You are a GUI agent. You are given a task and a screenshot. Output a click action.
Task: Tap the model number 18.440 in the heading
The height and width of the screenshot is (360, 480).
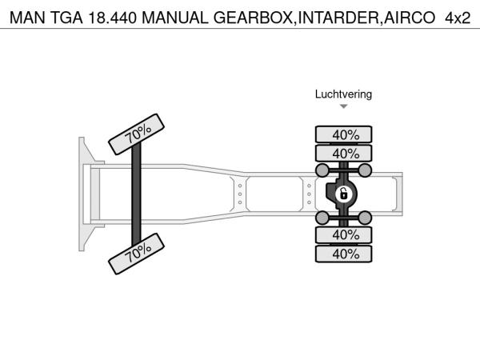[x=112, y=18]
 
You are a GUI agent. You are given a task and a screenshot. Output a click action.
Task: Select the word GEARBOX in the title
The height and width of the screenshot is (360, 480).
[x=253, y=18]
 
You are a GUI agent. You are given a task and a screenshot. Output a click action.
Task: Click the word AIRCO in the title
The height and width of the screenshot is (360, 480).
[x=410, y=18]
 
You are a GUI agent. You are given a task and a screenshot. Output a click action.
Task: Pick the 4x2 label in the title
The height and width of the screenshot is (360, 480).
[x=458, y=18]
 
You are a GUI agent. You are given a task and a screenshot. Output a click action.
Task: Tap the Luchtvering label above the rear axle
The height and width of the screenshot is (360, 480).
[x=343, y=94]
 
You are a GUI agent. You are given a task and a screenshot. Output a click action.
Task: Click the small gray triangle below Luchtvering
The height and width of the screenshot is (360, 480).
[x=344, y=106]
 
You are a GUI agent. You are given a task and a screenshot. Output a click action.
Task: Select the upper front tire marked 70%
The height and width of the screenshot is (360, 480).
[x=137, y=134]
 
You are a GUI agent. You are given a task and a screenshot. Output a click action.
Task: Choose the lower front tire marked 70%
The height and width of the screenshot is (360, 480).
[x=137, y=254]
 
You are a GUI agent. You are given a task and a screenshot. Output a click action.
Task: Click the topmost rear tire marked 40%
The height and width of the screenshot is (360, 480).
[x=344, y=134]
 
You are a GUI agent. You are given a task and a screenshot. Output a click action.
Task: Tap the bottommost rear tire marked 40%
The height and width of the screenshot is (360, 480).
[x=344, y=254]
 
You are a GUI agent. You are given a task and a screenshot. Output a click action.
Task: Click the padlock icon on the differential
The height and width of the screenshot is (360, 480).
[x=344, y=194]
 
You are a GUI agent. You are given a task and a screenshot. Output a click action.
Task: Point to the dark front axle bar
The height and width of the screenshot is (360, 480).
[x=136, y=194]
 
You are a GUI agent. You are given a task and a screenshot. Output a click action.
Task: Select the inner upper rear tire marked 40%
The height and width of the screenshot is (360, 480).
[x=344, y=153]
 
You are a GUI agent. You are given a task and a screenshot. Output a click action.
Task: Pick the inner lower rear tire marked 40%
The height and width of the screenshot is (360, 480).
[x=344, y=235]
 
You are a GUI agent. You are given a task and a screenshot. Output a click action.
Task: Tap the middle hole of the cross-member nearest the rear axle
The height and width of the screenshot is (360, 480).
[x=309, y=194]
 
